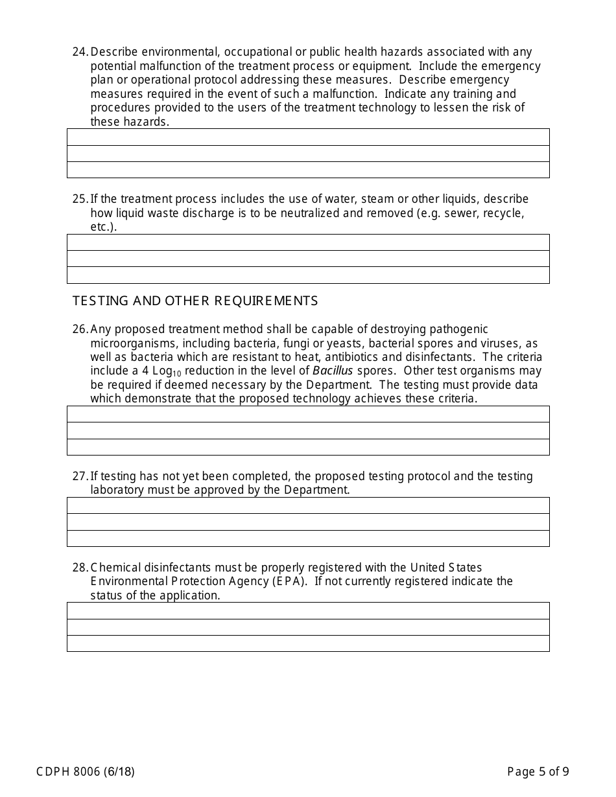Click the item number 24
[80, 52]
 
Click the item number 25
[80, 199]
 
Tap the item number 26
[80, 329]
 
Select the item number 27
[80, 476]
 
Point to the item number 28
[80, 568]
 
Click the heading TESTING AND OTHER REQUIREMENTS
[195, 301]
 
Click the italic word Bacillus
[333, 371]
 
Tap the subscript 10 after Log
[177, 374]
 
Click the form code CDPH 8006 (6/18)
[86, 771]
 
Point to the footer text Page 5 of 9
[538, 771]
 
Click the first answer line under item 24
[308, 137]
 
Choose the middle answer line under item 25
[308, 259]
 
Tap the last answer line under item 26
[308, 447]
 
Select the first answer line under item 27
[308, 505]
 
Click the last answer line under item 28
[308, 643]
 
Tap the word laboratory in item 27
[117, 490]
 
